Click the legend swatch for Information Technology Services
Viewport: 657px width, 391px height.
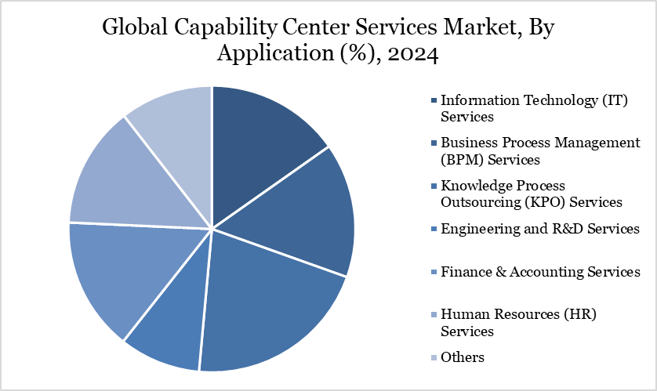[x=434, y=100]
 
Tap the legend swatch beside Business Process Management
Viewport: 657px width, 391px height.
[x=434, y=143]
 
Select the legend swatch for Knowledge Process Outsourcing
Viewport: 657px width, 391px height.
[x=434, y=186]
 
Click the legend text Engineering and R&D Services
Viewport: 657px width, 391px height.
[x=540, y=229]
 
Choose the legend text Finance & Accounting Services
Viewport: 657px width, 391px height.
[x=540, y=272]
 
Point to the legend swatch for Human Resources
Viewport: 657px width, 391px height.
[x=434, y=315]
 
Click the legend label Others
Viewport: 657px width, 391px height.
[x=463, y=357]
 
